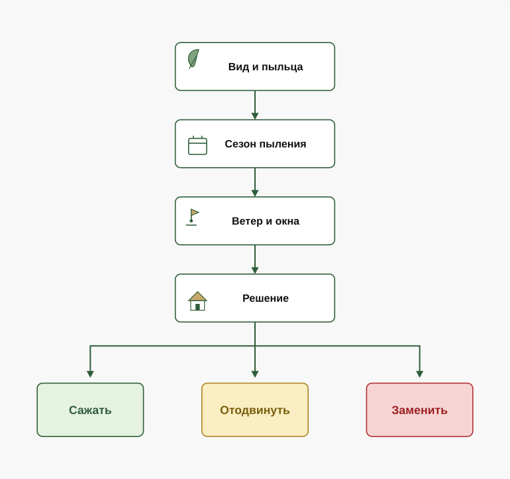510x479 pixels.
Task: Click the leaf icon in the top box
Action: (x=193, y=58)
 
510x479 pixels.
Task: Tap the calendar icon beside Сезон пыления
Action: (x=197, y=145)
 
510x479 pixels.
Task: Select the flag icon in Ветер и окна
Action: (x=193, y=217)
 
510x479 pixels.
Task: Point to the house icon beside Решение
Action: (x=197, y=301)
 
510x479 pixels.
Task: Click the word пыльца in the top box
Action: (x=282, y=67)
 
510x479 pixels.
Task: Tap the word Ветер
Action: (x=247, y=221)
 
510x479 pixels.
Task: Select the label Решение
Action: (x=266, y=298)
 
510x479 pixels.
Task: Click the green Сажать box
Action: (x=90, y=410)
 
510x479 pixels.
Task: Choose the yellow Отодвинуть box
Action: (x=255, y=410)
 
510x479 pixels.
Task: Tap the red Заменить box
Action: (x=419, y=410)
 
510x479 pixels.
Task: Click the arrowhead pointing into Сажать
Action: (x=90, y=374)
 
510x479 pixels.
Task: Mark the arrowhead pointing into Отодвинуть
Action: (x=255, y=374)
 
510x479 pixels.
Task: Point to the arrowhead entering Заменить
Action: (x=419, y=374)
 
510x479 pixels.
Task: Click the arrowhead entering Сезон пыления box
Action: (x=255, y=116)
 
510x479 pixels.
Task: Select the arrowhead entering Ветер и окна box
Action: (x=255, y=194)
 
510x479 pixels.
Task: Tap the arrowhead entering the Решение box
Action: (x=255, y=271)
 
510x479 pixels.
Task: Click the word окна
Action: (x=287, y=221)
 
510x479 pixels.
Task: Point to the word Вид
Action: (x=238, y=67)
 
